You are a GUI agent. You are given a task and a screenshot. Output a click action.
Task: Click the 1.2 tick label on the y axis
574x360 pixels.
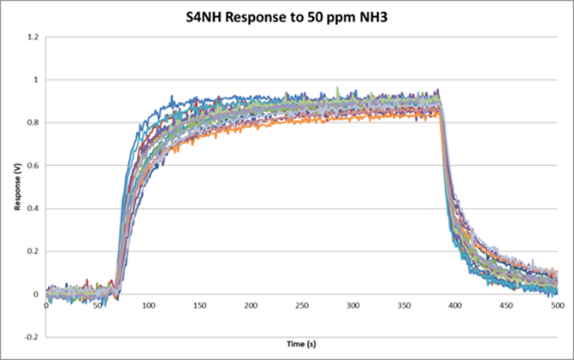[33, 38]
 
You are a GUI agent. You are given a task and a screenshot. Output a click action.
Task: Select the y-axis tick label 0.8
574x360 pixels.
[33, 123]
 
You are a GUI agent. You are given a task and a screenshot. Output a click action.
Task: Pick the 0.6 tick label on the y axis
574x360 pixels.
[33, 166]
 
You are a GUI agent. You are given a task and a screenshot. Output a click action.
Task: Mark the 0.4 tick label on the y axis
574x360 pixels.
[33, 209]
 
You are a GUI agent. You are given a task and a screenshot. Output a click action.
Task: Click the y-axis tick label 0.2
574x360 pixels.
[33, 251]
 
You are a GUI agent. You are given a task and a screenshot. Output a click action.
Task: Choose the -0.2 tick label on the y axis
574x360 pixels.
[32, 337]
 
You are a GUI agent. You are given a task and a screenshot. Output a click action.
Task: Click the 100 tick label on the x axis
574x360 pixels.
[148, 304]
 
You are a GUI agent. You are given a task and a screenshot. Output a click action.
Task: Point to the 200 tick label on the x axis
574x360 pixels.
[250, 304]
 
